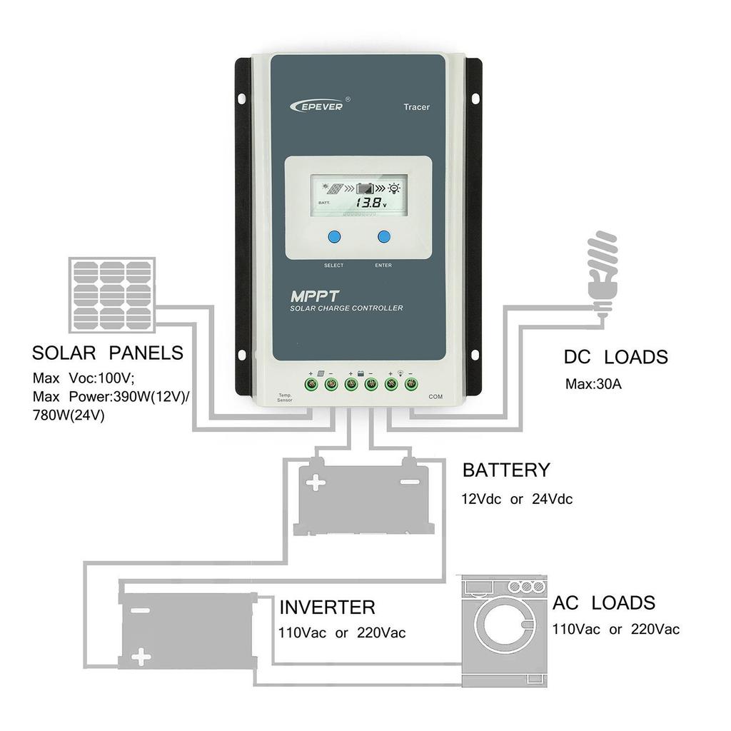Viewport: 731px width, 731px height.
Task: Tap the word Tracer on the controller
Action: [x=416, y=108]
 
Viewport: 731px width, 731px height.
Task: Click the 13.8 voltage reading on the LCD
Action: [x=372, y=203]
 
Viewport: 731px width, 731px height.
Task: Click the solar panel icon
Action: [x=113, y=293]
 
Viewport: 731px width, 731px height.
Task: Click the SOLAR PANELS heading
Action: [x=108, y=353]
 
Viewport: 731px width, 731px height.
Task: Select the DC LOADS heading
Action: [x=615, y=357]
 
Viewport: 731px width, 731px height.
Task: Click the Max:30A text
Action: [x=594, y=384]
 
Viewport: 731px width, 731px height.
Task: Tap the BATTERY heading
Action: [x=506, y=470]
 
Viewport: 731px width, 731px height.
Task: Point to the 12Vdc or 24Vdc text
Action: [x=517, y=499]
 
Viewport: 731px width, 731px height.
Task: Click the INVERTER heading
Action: [x=327, y=608]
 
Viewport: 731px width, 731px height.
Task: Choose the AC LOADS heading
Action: [x=603, y=603]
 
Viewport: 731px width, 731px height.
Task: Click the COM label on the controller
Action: [x=435, y=396]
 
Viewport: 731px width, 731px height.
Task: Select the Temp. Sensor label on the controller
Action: [x=285, y=398]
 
